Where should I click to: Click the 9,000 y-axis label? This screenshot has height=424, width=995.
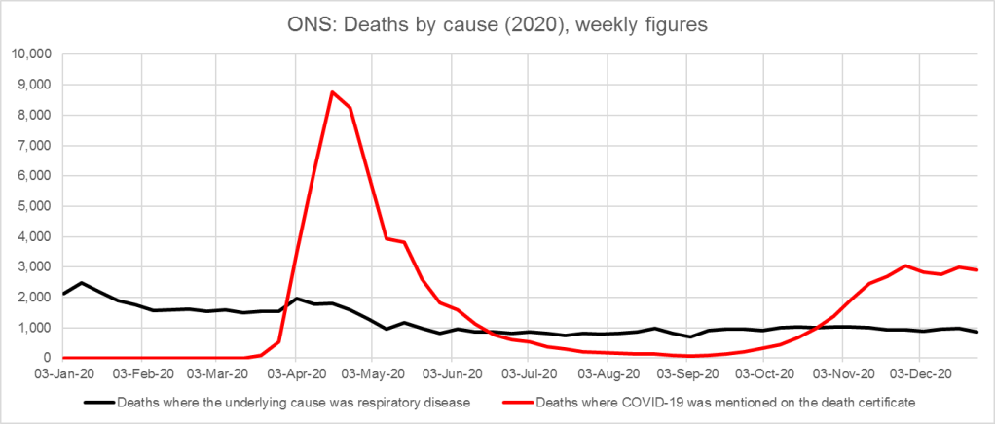click(x=35, y=85)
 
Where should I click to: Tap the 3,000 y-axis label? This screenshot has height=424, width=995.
click(x=35, y=267)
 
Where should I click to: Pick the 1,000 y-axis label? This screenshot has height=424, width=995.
click(x=35, y=328)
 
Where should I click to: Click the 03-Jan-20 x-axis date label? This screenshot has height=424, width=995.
click(x=62, y=372)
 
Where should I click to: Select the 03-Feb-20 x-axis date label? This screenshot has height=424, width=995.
click(x=141, y=372)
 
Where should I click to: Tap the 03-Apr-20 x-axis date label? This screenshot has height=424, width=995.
click(x=295, y=372)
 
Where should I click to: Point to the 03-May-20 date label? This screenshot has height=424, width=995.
click(x=372, y=372)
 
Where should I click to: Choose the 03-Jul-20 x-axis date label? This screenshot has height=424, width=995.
click(x=527, y=372)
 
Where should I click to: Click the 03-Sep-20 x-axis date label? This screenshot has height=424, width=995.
click(x=685, y=372)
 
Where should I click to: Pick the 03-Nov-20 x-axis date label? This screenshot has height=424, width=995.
click(x=840, y=372)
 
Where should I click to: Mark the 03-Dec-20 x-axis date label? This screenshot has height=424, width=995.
click(x=918, y=372)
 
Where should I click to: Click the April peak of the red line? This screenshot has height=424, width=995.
click(x=333, y=92)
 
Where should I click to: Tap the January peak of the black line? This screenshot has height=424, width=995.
click(x=82, y=283)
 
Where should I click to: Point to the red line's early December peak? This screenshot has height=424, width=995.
click(x=905, y=265)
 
